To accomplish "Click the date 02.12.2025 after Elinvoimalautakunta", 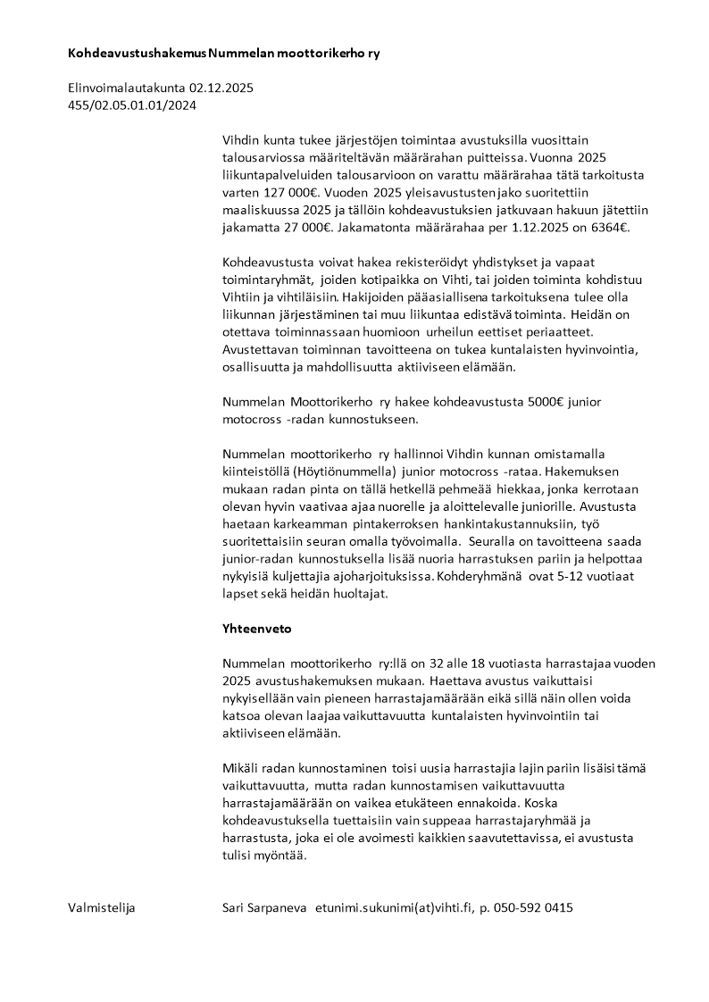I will point(222,88).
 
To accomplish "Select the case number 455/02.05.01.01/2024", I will point(132,105).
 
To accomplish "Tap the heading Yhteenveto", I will point(256,629).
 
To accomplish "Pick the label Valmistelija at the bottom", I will point(101,908).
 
